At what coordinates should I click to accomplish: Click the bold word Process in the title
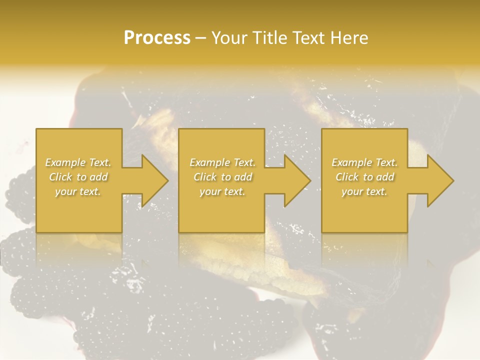pyautogui.click(x=157, y=37)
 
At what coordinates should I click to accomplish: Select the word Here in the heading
pyautogui.click(x=349, y=37)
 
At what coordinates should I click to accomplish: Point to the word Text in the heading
pyautogui.click(x=309, y=37)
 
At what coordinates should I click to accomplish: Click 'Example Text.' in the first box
pyautogui.click(x=78, y=162)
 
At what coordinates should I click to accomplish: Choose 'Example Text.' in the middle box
pyautogui.click(x=222, y=162)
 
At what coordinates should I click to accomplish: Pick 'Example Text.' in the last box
pyautogui.click(x=364, y=162)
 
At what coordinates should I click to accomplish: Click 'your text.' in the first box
pyautogui.click(x=78, y=191)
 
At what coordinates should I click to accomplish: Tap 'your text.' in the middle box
pyautogui.click(x=222, y=191)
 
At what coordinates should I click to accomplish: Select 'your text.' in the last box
pyautogui.click(x=364, y=191)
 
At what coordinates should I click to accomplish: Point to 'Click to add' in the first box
pyautogui.click(x=78, y=177)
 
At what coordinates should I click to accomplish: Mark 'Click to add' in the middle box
pyautogui.click(x=222, y=177)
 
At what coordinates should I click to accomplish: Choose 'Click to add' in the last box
pyautogui.click(x=364, y=177)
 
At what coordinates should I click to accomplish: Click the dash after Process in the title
pyautogui.click(x=200, y=38)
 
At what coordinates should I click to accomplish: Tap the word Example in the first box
pyautogui.click(x=65, y=162)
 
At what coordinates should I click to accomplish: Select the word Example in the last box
pyautogui.click(x=351, y=162)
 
